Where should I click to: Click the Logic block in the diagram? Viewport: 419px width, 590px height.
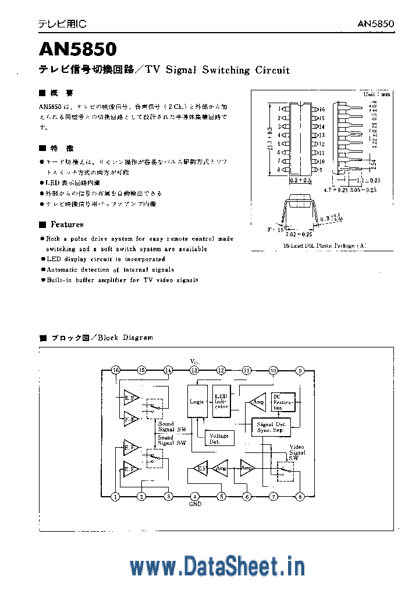coord(197,401)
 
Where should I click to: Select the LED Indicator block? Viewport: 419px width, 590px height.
coord(222,401)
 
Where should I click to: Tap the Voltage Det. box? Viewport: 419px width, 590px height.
coord(219,438)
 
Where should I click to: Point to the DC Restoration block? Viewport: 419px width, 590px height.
coord(283,401)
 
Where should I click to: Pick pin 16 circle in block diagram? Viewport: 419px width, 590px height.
coord(115,370)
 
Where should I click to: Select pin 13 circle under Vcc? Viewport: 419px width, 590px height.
coord(194,370)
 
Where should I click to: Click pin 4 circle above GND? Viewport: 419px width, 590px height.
coord(194,497)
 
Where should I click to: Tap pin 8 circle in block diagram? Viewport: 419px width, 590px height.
coord(300,497)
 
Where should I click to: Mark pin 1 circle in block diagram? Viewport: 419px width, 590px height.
coord(115,497)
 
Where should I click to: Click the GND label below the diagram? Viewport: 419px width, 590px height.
coord(194,504)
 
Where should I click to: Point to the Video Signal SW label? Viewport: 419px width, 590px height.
coord(297,452)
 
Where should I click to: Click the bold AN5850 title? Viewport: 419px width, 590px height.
coord(78,48)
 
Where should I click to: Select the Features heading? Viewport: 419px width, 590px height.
coord(66,224)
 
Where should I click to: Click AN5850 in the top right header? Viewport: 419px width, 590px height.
coord(375,24)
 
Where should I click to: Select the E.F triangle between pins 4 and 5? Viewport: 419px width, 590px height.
coord(200,468)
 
